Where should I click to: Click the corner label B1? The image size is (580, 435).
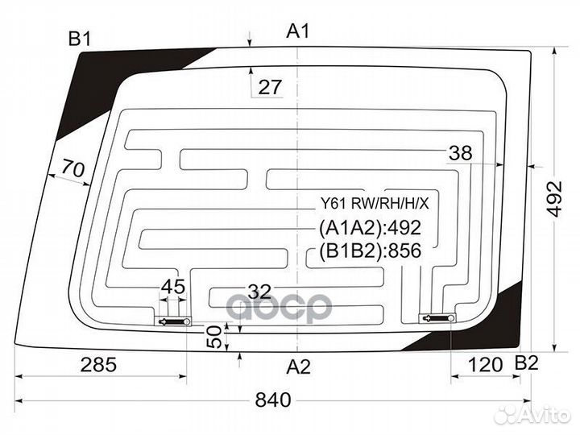click(80, 39)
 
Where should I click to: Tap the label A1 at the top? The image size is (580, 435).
click(298, 31)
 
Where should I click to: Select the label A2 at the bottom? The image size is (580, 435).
click(299, 367)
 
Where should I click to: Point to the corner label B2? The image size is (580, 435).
click(527, 363)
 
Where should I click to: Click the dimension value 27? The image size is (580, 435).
click(270, 87)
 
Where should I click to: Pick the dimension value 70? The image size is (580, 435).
click(72, 168)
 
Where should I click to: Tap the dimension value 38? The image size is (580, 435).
click(461, 152)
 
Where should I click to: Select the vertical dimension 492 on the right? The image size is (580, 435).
click(555, 198)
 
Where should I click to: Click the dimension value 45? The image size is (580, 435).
click(173, 286)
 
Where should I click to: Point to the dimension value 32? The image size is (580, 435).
click(259, 292)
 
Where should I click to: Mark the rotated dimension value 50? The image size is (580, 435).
click(214, 337)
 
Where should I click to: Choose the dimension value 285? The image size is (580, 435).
click(98, 365)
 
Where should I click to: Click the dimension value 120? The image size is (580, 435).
click(485, 365)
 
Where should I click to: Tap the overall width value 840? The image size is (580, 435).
click(273, 400)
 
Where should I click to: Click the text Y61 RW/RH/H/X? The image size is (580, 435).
click(375, 203)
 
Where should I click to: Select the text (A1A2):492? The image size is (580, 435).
click(370, 228)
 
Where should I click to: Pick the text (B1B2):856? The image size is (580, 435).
click(370, 251)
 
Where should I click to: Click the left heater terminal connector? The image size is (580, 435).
click(173, 321)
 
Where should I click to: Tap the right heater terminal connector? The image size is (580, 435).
click(437, 318)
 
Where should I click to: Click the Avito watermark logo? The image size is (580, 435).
click(532, 415)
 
